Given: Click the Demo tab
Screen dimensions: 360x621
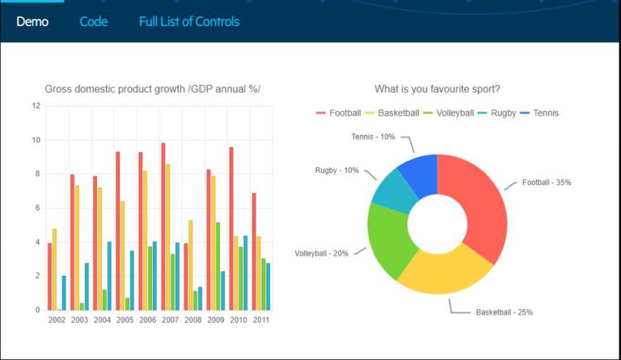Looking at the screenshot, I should tap(32, 22).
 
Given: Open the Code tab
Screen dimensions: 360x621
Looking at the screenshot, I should tap(94, 22).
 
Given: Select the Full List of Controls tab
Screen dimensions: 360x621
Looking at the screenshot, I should tap(189, 22).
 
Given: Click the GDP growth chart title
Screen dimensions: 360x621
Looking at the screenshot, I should tap(153, 89).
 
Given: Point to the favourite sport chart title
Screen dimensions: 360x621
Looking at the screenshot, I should tap(437, 89).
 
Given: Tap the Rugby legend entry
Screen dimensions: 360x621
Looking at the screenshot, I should tap(497, 112).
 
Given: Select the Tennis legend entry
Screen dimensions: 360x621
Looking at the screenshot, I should tap(539, 112).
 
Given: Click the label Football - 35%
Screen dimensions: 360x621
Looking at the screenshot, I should tap(546, 183).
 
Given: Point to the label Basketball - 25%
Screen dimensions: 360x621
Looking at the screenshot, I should tap(504, 312).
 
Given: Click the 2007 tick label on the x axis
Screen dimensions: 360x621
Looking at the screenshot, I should tap(170, 320).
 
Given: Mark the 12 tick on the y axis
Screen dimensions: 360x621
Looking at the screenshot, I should tap(36, 106).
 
